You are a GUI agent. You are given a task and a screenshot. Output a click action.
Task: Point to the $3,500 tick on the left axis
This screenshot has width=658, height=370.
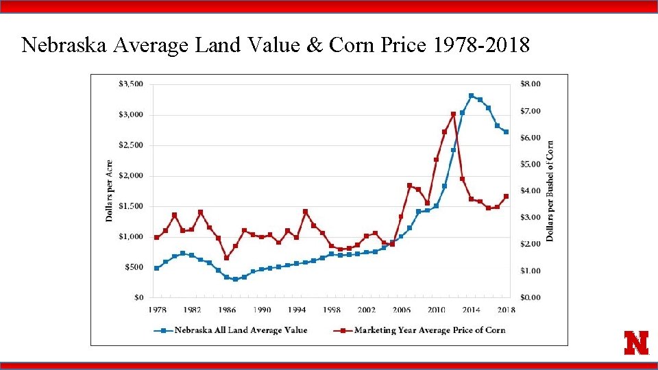130,84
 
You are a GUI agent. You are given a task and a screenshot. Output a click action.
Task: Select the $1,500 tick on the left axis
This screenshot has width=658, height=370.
130,206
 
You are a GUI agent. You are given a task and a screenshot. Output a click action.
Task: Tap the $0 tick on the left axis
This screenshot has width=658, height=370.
138,297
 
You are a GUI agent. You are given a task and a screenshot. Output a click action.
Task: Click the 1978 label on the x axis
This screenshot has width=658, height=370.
157,310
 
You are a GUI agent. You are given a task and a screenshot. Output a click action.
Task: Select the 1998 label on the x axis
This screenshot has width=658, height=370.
332,310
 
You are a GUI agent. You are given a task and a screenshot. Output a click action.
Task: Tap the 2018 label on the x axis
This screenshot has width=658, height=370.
506,310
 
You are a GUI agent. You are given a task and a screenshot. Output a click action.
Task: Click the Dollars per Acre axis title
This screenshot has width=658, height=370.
109,191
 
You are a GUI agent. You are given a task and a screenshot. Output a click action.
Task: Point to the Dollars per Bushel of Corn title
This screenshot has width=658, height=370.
550,191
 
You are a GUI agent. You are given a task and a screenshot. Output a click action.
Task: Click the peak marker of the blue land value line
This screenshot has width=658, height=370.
471,96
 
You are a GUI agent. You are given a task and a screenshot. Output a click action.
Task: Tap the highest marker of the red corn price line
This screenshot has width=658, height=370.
453,114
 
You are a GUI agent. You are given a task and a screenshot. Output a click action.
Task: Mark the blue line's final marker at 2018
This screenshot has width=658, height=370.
506,132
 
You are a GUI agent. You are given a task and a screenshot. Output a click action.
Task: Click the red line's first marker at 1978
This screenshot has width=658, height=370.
157,238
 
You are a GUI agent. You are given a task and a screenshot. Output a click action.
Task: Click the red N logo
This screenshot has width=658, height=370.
636,343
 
